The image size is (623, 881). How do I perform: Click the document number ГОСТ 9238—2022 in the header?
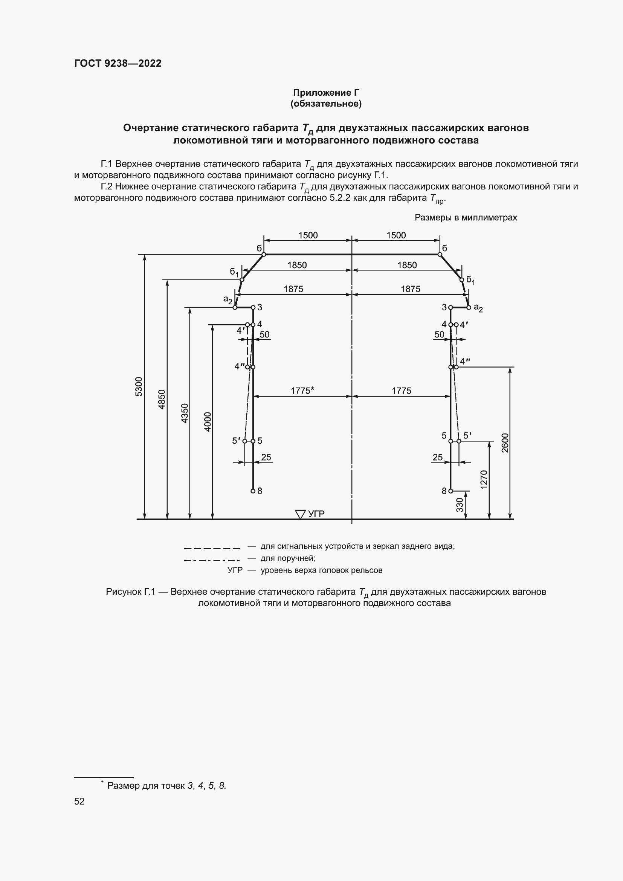118,63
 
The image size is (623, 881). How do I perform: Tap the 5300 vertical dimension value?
139,386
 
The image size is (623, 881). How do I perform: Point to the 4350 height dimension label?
185,413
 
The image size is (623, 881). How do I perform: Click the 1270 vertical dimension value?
484,479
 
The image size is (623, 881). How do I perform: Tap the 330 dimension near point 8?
460,505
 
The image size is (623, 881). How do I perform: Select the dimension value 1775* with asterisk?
302,391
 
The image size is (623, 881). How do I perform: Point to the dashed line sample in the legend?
212,548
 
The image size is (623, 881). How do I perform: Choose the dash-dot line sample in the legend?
212,560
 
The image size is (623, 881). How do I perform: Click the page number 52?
79,801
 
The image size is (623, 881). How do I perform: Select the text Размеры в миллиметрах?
466,218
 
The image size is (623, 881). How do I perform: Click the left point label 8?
260,491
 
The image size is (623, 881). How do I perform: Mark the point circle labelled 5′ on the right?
459,441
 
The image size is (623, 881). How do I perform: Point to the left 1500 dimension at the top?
308,235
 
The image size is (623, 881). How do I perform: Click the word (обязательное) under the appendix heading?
326,104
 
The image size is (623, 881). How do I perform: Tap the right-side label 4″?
465,361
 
